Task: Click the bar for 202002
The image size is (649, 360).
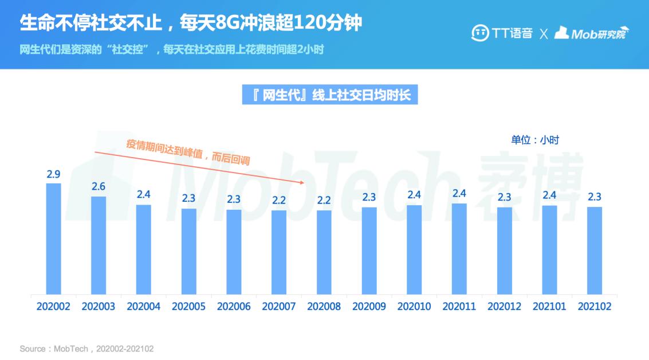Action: pyautogui.click(x=53, y=238)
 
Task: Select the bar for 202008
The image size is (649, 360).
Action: pyautogui.click(x=324, y=252)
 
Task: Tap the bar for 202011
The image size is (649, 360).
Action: pyautogui.click(x=459, y=249)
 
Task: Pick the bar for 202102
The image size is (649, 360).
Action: pyautogui.click(x=595, y=251)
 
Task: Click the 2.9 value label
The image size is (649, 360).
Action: pyautogui.click(x=53, y=174)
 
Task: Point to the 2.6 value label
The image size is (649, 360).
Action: pyautogui.click(x=99, y=186)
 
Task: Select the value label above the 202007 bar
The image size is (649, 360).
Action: pyautogui.click(x=279, y=201)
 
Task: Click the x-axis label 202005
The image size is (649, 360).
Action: pyautogui.click(x=188, y=307)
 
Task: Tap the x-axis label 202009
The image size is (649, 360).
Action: pyautogui.click(x=369, y=307)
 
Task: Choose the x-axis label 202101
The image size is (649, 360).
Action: pyautogui.click(x=549, y=307)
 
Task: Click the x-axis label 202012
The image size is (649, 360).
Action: pyautogui.click(x=504, y=307)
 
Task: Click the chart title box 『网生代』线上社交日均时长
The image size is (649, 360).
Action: pyautogui.click(x=331, y=95)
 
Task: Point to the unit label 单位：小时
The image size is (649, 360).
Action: pyautogui.click(x=534, y=140)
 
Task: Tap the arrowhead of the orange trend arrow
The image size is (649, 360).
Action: pyautogui.click(x=302, y=182)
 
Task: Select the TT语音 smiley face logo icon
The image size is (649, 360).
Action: pyautogui.click(x=479, y=33)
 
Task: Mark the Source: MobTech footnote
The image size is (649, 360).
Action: pyautogui.click(x=86, y=349)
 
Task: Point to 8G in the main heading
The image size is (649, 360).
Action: pyautogui.click(x=222, y=24)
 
